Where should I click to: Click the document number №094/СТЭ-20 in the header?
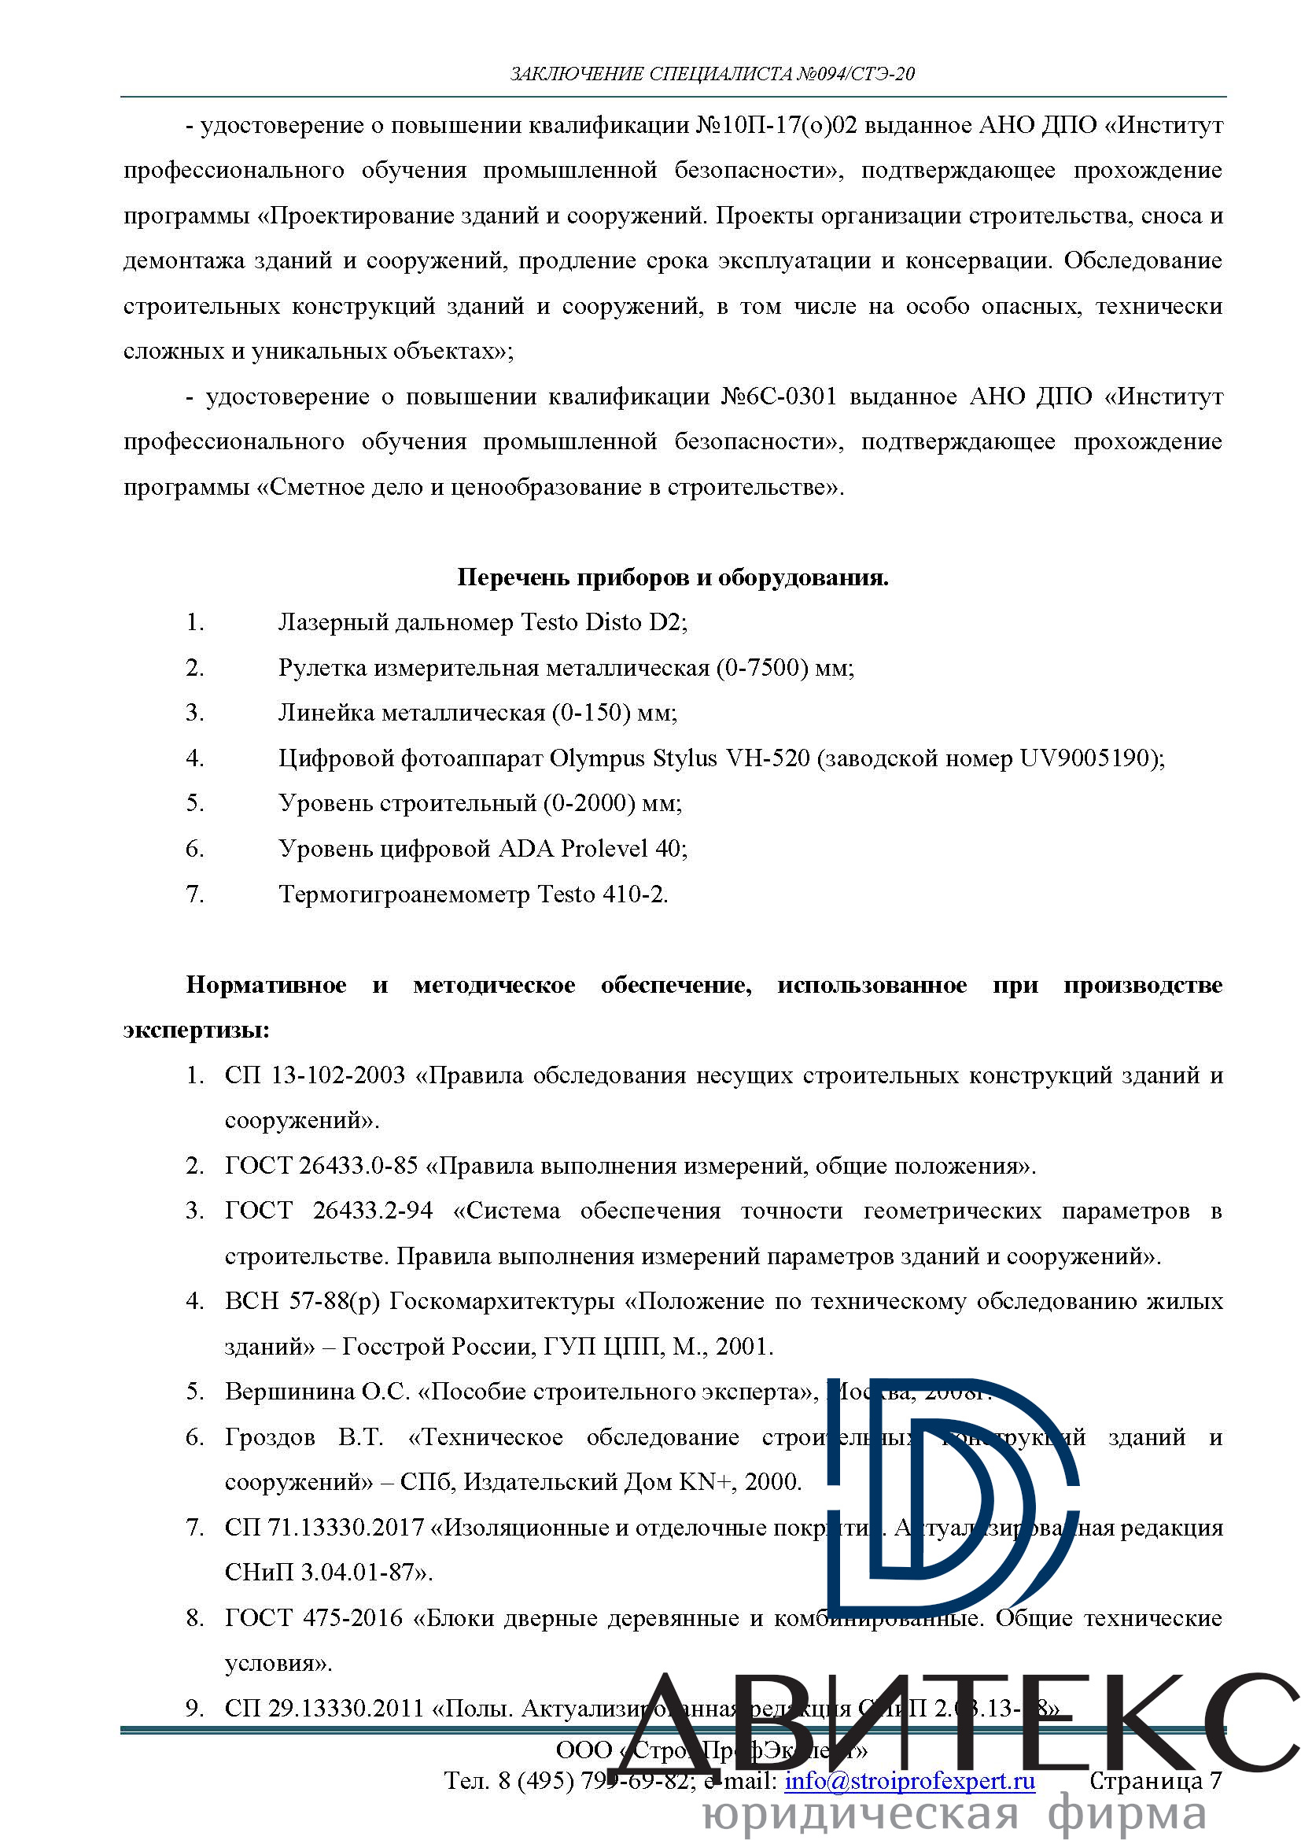tap(855, 75)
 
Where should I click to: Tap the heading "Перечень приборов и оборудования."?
tap(673, 577)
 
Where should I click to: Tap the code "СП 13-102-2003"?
tap(315, 1075)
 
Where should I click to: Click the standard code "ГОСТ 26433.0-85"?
tap(321, 1166)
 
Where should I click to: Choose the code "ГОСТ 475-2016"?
tap(314, 1618)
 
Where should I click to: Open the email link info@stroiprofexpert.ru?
tap(909, 1782)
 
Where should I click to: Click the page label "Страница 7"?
tap(1155, 1782)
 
